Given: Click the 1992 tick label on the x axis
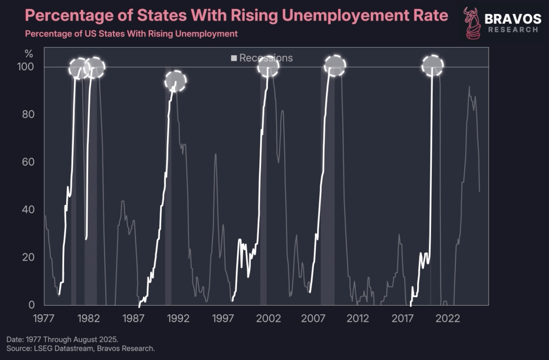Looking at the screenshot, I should click(178, 318).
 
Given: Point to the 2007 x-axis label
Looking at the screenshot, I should click(313, 318).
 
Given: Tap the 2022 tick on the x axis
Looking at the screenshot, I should click(448, 318).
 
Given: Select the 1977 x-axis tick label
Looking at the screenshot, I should click(43, 318).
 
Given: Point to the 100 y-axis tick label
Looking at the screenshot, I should click(26, 67).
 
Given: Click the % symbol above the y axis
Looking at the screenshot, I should click(29, 54).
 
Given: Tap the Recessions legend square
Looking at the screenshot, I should click(234, 58).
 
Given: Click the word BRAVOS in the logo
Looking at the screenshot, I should click(513, 19).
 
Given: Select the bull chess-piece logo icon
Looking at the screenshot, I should click(473, 23).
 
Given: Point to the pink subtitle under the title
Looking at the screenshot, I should click(131, 34).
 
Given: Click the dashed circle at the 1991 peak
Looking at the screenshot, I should click(175, 81).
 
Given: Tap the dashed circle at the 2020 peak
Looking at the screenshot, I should click(432, 66).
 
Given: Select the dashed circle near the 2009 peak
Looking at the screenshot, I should click(335, 65).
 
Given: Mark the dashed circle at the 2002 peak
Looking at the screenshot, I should click(268, 66).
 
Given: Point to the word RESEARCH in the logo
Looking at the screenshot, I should click(513, 30).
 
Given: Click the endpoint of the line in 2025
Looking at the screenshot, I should click(479, 191).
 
